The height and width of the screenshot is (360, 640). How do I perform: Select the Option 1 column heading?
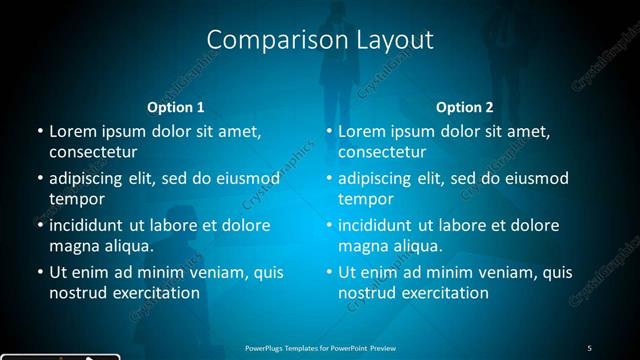click(176, 107)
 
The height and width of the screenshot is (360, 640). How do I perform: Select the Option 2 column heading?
click(465, 107)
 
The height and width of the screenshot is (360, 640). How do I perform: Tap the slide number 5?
click(589, 347)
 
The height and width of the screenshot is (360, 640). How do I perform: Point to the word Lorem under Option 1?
click(72, 131)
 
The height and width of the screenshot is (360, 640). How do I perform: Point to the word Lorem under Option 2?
click(361, 131)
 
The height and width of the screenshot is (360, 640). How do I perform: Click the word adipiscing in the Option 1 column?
click(88, 178)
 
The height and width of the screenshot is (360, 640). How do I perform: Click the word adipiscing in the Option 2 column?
click(377, 178)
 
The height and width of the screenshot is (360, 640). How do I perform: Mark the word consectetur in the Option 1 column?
click(93, 152)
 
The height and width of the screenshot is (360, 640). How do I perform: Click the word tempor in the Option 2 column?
click(364, 199)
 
